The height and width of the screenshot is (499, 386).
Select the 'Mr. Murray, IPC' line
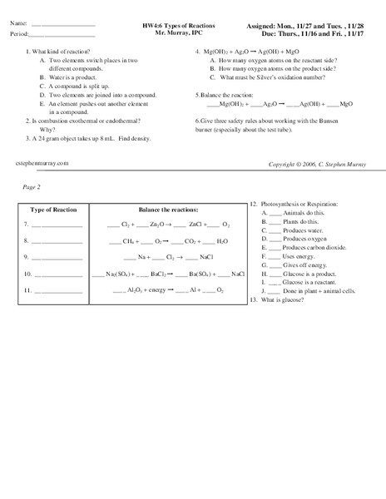(x=174, y=35)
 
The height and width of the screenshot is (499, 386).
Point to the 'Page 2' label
(x=32, y=187)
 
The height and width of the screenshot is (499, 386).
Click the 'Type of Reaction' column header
(x=52, y=210)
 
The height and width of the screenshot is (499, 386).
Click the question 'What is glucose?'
(x=286, y=299)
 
